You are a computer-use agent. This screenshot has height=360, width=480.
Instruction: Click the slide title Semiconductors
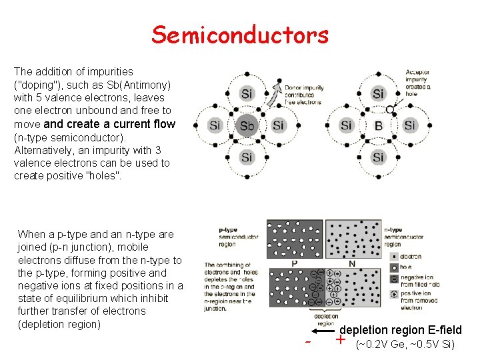(x=240, y=34)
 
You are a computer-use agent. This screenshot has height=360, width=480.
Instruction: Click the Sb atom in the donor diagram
(x=247, y=126)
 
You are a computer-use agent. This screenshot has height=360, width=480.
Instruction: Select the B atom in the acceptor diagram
(x=378, y=126)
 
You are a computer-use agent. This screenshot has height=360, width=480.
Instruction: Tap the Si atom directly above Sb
(x=247, y=94)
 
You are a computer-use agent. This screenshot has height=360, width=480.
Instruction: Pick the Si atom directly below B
(x=378, y=157)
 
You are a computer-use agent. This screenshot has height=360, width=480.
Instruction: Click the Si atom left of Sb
(x=215, y=126)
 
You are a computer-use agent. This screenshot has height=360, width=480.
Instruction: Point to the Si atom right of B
(x=409, y=126)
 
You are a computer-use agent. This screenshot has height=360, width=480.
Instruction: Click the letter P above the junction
(x=294, y=263)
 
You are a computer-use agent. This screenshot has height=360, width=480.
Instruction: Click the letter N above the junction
(x=351, y=263)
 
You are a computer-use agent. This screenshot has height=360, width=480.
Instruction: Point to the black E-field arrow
(x=325, y=330)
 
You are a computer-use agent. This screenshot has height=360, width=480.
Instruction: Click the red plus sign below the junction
(x=341, y=340)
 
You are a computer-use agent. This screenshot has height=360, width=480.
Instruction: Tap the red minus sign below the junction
(x=308, y=342)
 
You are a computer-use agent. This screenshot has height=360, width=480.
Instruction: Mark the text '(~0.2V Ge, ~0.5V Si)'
(x=405, y=345)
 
